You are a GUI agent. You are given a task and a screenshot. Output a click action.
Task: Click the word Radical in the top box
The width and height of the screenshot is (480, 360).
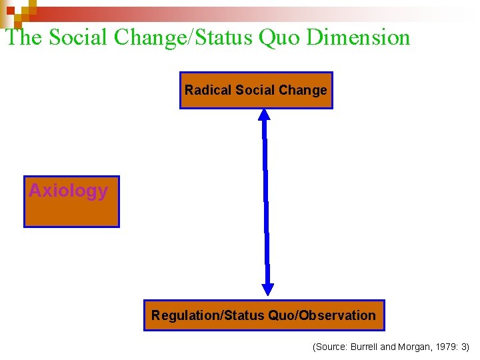[202, 90]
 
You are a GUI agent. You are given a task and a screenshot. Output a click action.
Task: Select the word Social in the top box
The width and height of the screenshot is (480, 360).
[242, 90]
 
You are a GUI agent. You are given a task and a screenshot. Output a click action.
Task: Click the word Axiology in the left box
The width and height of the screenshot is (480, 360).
[68, 191]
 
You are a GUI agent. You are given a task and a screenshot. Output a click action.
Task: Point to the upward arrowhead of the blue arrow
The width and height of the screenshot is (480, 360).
[264, 114]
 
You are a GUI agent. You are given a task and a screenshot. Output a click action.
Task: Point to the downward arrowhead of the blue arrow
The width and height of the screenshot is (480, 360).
[267, 289]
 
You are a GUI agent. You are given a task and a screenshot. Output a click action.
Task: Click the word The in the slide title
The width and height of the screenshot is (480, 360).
[24, 37]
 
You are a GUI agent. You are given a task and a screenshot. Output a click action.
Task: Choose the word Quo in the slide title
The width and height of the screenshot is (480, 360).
[287, 37]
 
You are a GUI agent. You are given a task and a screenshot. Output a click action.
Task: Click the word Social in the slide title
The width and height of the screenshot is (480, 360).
[79, 37]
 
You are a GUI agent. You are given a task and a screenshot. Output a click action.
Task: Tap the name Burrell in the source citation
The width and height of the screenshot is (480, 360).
[365, 347]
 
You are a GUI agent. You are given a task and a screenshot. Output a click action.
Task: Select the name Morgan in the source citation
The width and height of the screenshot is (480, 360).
[413, 347]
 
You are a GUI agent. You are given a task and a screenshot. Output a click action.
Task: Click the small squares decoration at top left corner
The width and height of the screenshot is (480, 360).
[18, 9]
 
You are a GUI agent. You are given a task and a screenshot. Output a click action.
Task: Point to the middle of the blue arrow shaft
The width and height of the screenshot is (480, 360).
[266, 200]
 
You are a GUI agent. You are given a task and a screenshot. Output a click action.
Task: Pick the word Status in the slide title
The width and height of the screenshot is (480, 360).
[229, 37]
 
